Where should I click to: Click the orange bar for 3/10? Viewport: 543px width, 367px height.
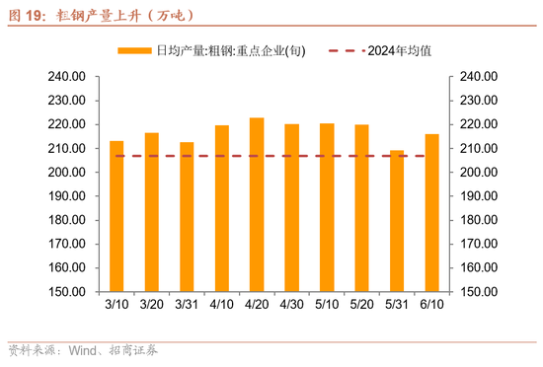(116, 216)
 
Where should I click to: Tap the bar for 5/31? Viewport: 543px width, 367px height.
(397, 221)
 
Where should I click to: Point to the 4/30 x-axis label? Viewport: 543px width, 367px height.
(291, 306)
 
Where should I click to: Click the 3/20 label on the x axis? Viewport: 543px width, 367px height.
(151, 306)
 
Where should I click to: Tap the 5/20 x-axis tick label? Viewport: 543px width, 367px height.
(361, 306)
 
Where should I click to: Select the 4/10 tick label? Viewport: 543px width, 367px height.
(221, 306)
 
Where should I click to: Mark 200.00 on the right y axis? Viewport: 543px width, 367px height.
(476, 173)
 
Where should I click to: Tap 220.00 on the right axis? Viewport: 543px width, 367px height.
(476, 124)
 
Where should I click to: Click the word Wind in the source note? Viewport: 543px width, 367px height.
(82, 350)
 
